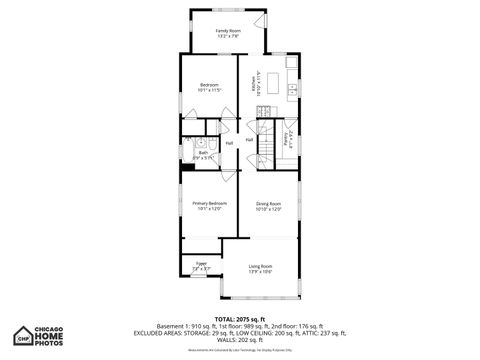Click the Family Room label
pos(228,30)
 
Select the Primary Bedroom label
pos(210,203)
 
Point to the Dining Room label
pos(269,203)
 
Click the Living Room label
pos(261,265)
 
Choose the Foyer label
pos(200,265)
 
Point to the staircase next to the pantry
pos(269,143)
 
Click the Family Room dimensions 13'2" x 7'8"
pos(228,37)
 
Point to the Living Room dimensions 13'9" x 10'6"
pos(261,271)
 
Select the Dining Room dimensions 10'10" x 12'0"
pos(269,209)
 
